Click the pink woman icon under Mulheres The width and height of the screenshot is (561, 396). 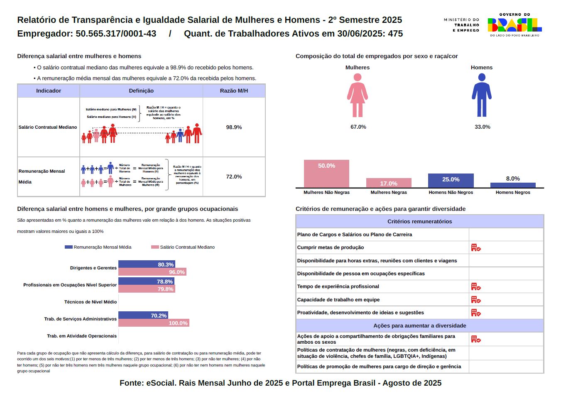tap(358, 95)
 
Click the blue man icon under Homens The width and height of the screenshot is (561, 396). tap(482, 95)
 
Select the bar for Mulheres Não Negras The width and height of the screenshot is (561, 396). tap(326, 174)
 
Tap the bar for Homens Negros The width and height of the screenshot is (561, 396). tap(513, 185)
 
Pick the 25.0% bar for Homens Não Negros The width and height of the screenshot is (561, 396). tap(451, 181)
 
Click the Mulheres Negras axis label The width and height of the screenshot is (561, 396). tap(389, 193)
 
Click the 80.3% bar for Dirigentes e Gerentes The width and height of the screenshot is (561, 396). tap(147, 264)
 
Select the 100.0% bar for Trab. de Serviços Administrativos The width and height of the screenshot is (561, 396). tap(154, 323)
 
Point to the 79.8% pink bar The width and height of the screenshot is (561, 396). tap(147, 289)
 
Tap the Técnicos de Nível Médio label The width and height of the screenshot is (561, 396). tap(91, 302)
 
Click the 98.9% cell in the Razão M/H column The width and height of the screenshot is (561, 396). tap(234, 127)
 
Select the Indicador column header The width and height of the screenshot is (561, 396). tap(49, 91)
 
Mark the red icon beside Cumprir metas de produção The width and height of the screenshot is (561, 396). tap(476, 248)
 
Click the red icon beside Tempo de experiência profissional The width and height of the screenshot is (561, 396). tap(476, 287)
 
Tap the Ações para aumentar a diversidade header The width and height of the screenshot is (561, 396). tap(419, 326)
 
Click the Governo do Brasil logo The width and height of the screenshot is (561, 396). tap(514, 25)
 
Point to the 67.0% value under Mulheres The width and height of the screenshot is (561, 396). tap(358, 127)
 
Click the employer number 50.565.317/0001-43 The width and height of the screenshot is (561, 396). tap(116, 34)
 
